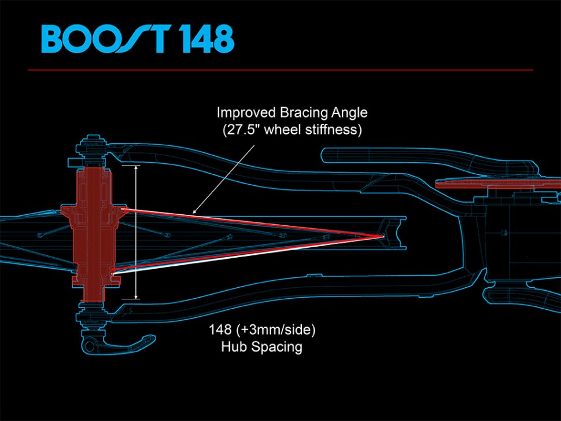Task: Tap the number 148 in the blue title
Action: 205,40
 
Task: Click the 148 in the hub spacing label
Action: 220,331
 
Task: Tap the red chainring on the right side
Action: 497,185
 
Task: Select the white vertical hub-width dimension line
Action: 136,232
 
